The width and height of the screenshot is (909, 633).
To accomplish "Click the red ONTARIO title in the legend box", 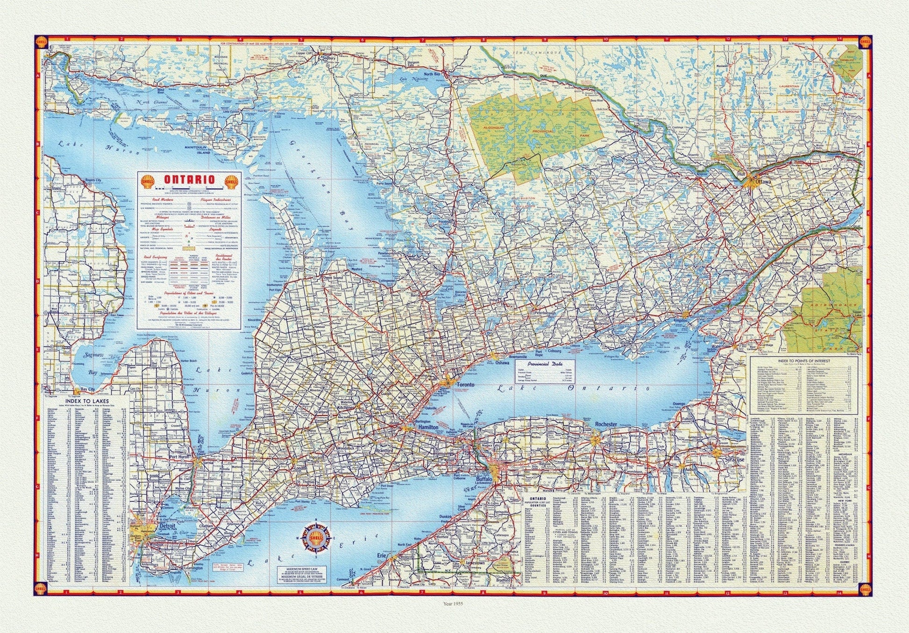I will (189, 180).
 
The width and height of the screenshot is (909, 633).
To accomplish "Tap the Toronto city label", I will (465, 385).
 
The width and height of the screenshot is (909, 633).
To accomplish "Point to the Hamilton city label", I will (428, 427).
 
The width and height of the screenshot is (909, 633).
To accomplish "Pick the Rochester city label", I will (606, 424).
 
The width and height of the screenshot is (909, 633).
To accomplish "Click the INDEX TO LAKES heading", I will (87, 401).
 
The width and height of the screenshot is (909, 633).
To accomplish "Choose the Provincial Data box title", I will (545, 364).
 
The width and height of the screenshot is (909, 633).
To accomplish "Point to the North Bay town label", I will (432, 75).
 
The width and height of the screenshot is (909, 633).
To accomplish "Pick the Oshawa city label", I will (502, 363).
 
